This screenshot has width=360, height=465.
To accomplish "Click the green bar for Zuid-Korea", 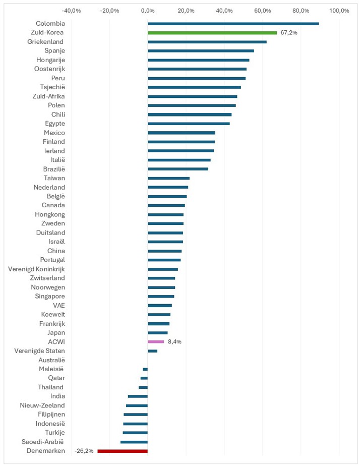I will pyautogui.click(x=212, y=33).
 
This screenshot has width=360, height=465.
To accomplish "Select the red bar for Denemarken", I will pyautogui.click(x=123, y=451).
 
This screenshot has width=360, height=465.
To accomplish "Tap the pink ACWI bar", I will pyautogui.click(x=156, y=341).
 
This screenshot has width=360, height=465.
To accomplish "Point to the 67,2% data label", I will pyautogui.click(x=289, y=33).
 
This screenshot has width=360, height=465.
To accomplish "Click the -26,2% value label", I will pyautogui.click(x=84, y=451).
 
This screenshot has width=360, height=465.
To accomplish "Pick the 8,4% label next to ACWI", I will pyautogui.click(x=174, y=341).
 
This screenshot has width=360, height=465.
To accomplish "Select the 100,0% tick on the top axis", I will pyautogui.click(x=339, y=10).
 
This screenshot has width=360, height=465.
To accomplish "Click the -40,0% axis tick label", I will pyautogui.click(x=71, y=10).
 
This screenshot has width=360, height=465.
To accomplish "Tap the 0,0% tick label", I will pyautogui.click(x=148, y=10).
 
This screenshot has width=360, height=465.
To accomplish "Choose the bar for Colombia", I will pyautogui.click(x=233, y=24).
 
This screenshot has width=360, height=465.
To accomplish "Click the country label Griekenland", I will pyautogui.click(x=45, y=42).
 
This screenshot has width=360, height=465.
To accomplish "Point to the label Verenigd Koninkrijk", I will pyautogui.click(x=36, y=269).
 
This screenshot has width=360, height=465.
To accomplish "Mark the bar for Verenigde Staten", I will pyautogui.click(x=152, y=351).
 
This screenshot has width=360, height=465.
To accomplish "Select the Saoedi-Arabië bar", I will pyautogui.click(x=134, y=442).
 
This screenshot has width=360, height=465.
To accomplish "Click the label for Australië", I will pyautogui.click(x=51, y=360).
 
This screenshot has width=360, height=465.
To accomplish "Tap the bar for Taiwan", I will pyautogui.click(x=168, y=178).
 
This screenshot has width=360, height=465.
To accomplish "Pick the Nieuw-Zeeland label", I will pyautogui.click(x=42, y=405).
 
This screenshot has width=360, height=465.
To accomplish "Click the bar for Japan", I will pyautogui.click(x=157, y=332).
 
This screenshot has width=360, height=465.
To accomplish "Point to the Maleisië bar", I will pyautogui.click(x=145, y=369).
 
